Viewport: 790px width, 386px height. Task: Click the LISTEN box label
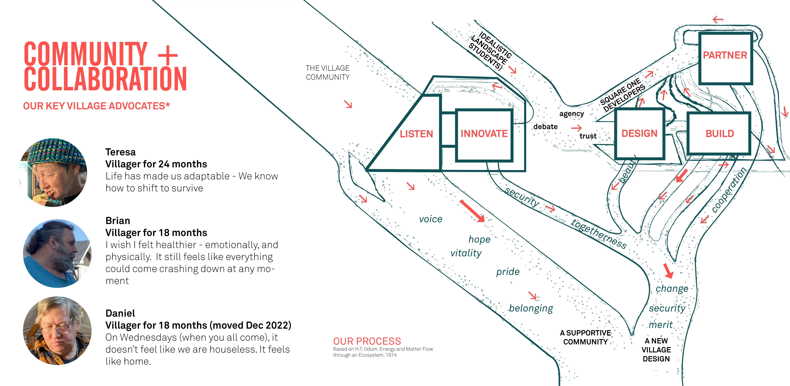coord(416,134)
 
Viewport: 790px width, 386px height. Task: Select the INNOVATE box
coord(484,134)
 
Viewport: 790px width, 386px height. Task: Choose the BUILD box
coord(719,134)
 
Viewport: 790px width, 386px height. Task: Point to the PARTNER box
coord(725,55)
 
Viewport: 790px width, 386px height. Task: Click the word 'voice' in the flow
coord(431,219)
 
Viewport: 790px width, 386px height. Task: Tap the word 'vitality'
coord(466,253)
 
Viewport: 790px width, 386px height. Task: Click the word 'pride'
coord(508,272)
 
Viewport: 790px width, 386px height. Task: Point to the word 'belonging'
coord(531,308)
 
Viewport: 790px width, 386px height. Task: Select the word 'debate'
coord(545,127)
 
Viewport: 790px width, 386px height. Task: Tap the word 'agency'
coord(572,114)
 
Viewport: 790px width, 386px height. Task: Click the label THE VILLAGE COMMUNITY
coord(327,72)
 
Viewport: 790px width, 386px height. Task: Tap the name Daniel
coord(120,313)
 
